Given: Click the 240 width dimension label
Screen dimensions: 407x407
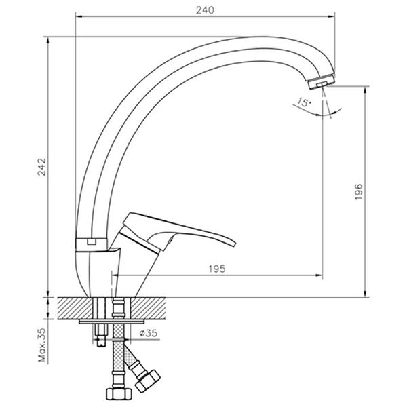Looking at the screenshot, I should pos(209,9).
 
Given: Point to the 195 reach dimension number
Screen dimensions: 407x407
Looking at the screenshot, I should pos(216,268).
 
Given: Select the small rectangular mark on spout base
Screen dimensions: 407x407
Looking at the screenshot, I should pos(89,241).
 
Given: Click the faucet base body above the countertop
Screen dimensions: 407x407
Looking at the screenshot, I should pos(102,271).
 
